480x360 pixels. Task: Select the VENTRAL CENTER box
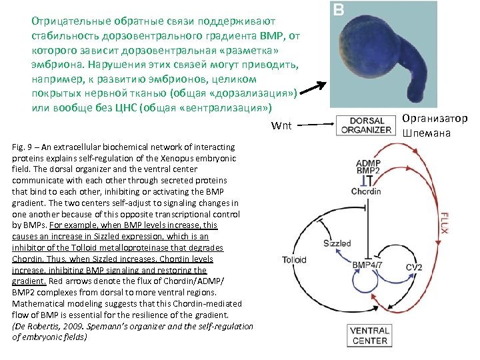coord(369,335)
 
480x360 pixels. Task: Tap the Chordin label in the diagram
coord(368,192)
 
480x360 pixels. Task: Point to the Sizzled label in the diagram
coord(337,243)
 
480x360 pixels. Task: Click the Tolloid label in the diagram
coord(293,260)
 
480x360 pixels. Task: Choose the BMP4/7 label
coord(367,265)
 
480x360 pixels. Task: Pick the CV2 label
coord(413,267)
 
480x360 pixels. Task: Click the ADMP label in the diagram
coord(369,162)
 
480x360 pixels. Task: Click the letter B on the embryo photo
coord(339,11)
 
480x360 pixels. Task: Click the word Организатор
coord(434,119)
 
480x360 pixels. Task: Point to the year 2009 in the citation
coord(77,326)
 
